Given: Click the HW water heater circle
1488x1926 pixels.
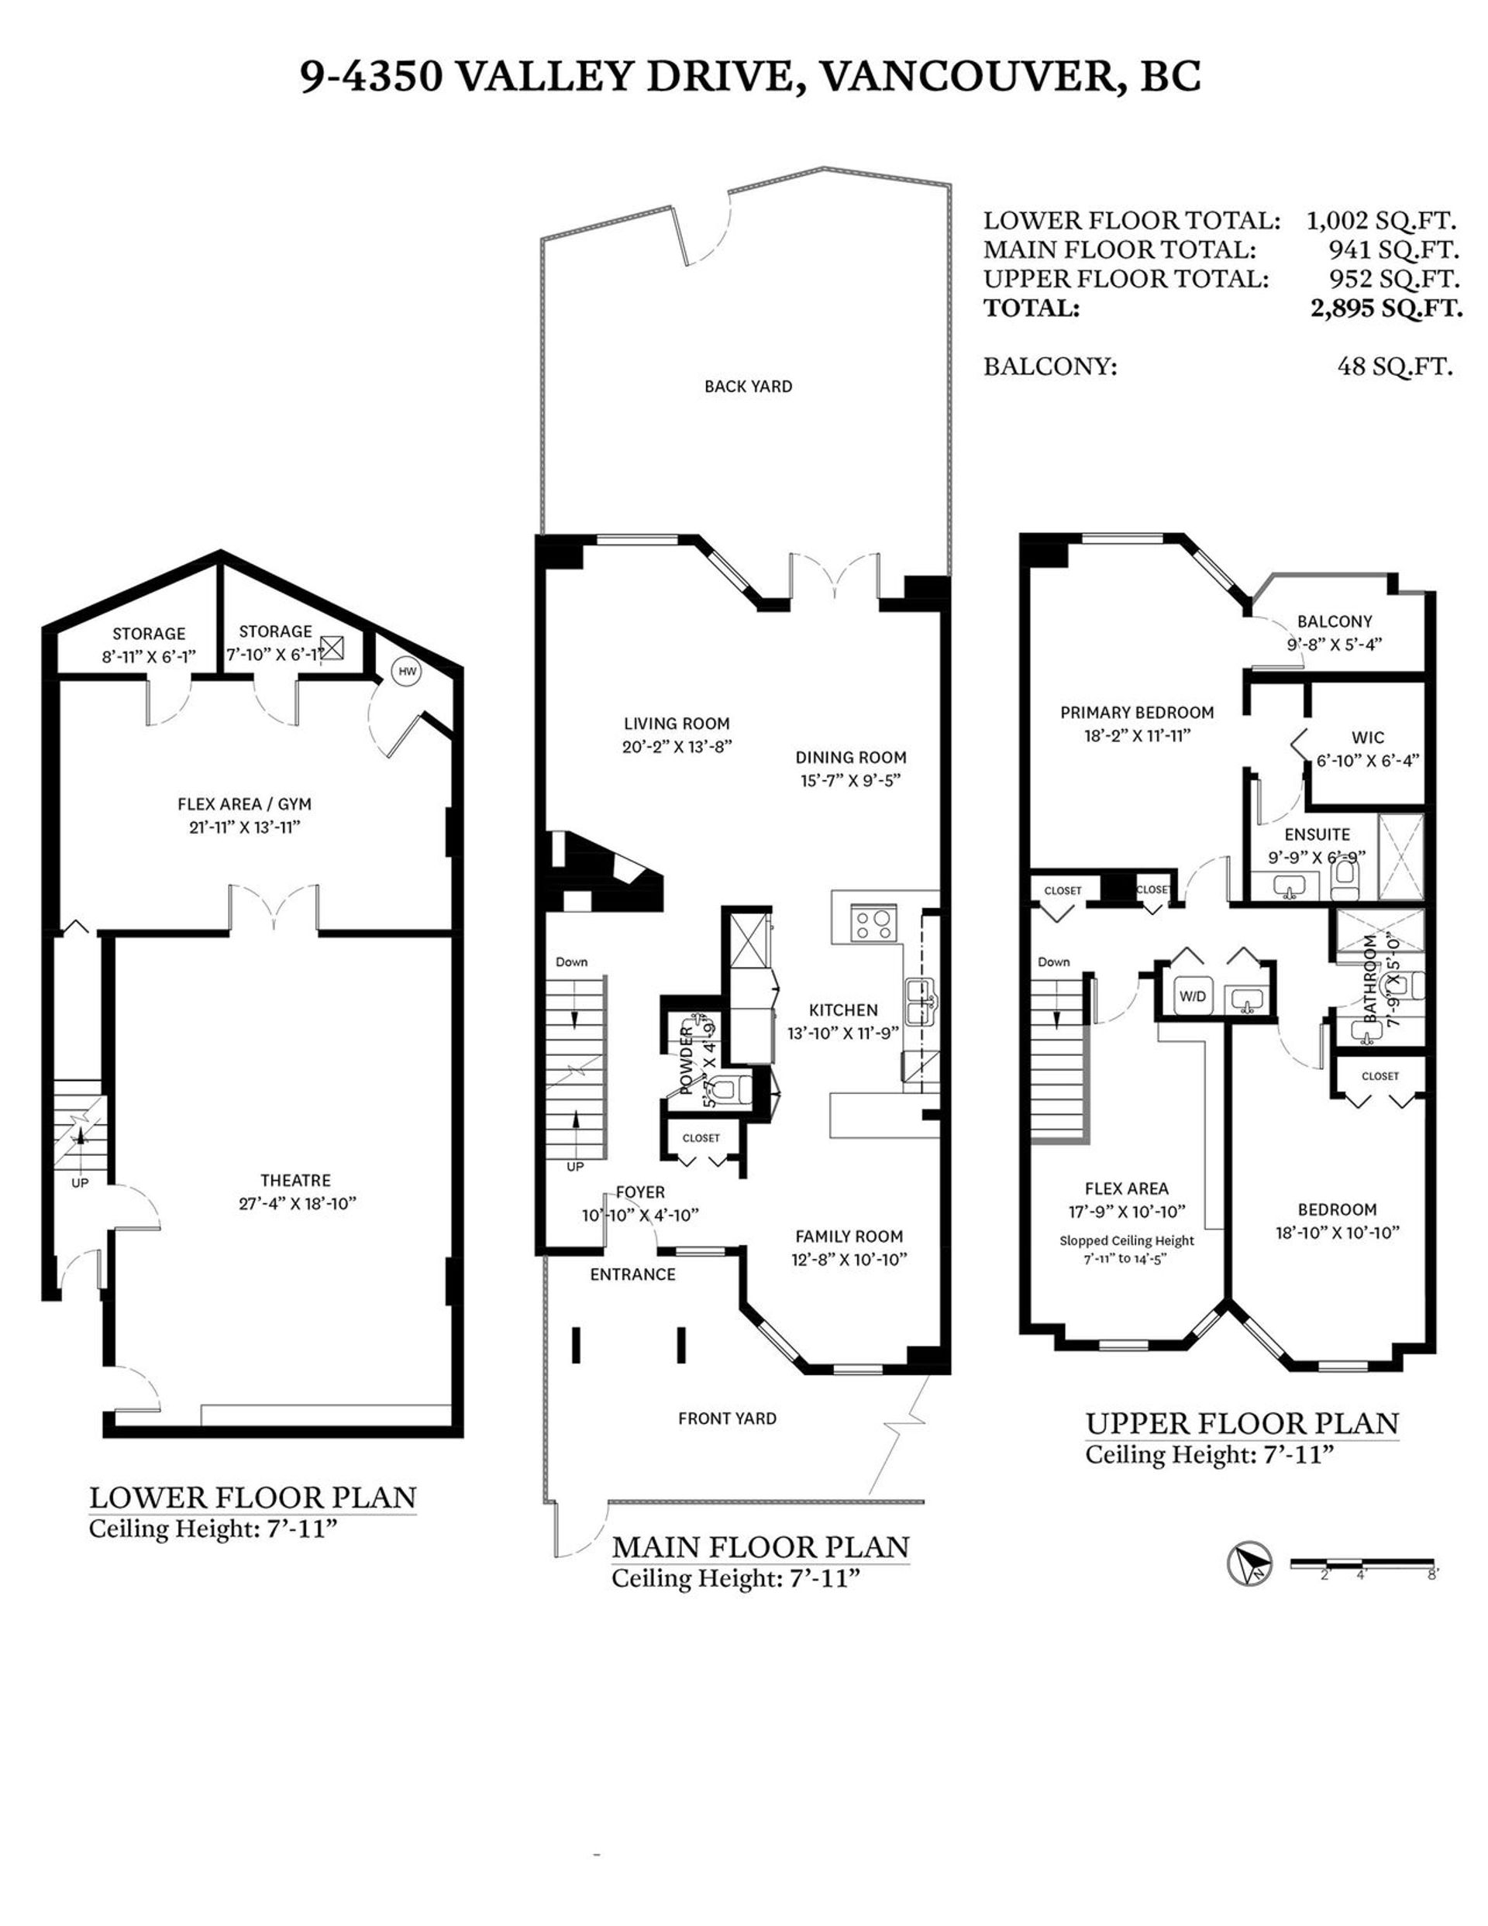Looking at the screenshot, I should coord(407,671).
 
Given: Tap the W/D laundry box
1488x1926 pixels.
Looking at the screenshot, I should coord(1193,996).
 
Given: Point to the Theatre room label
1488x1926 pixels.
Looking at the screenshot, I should coord(295,1180).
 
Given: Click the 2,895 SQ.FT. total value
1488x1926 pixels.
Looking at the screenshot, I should coord(1386,308).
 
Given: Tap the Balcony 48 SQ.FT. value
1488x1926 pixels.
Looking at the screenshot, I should coord(1394,366).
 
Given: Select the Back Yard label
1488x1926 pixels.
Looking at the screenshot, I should coord(748,387).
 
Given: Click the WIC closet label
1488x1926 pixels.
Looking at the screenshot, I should coord(1367,738).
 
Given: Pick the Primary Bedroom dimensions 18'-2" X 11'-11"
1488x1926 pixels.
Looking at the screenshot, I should coord(1137,735).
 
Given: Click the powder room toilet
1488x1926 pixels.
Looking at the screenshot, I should coord(728,1090).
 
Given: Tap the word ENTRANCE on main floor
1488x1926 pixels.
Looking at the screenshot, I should coord(632,1274).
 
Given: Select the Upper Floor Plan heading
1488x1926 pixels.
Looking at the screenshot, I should coord(1241,1423).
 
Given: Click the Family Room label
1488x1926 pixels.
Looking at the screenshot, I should coord(849,1236).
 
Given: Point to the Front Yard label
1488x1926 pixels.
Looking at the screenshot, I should coord(727,1418).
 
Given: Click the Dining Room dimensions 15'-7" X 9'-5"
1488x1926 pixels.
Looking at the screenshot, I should coord(850,780).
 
